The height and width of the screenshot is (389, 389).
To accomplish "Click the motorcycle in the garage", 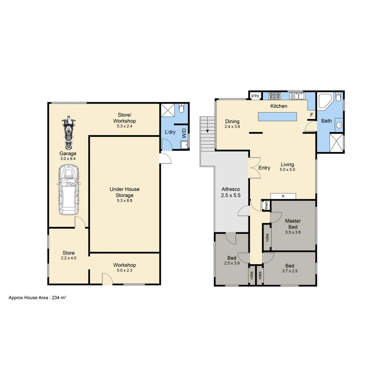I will [x=68, y=133].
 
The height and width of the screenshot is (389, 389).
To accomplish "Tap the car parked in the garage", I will [x=68, y=190].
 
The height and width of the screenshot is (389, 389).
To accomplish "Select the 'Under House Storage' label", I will [x=125, y=192].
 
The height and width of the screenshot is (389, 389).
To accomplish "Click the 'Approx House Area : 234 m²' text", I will [x=37, y=298].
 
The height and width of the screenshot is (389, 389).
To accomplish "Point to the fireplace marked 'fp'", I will [x=283, y=196].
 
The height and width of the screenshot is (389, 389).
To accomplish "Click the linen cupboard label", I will [x=266, y=206].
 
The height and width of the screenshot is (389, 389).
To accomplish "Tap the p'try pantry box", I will [x=255, y=96].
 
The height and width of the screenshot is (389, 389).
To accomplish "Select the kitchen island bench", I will [x=277, y=117].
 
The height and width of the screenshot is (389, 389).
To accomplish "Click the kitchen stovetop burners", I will [x=274, y=96].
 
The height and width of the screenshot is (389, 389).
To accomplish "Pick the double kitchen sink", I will [x=299, y=96].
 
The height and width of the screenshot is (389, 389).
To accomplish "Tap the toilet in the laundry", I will [x=182, y=108].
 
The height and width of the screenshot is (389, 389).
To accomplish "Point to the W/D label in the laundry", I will [x=184, y=133].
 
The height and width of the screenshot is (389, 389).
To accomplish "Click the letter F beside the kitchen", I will [x=312, y=115].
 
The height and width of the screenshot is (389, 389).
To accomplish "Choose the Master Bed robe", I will [x=267, y=237].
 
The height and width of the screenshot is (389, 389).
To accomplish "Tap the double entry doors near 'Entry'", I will [x=255, y=168].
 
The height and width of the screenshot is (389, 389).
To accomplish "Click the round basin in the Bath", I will [x=339, y=125].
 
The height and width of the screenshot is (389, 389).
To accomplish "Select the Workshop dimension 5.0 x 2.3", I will [x=125, y=271].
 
